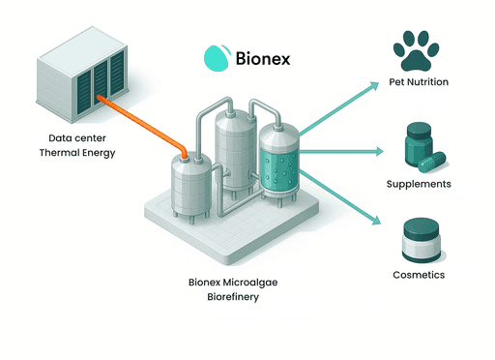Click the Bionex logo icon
pyautogui.click(x=214, y=57)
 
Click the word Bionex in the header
pyautogui.click(x=263, y=58)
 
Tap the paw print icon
pyautogui.click(x=418, y=50)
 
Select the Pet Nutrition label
pyautogui.click(x=418, y=82)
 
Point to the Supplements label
pyautogui.click(x=418, y=183)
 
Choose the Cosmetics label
pyautogui.click(x=418, y=275)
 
